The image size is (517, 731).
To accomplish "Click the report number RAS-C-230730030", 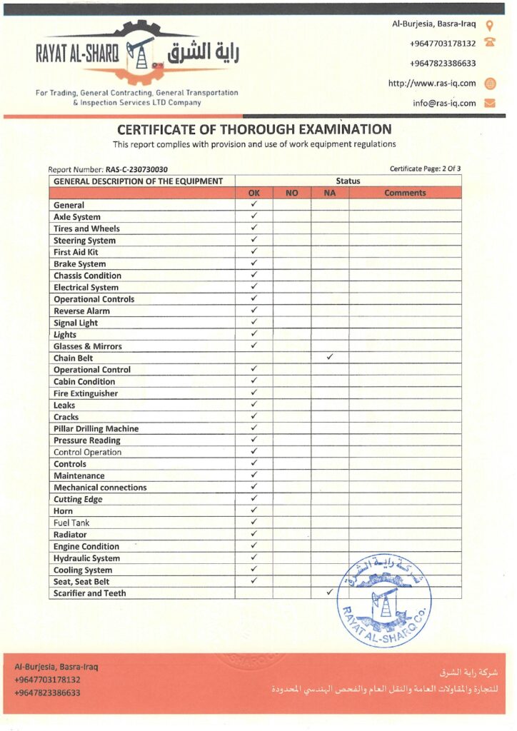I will point(136,169).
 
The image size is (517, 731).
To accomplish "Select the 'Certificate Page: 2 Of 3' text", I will point(425,168).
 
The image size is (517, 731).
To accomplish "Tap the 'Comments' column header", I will point(405,193).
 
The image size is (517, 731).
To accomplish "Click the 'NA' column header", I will point(329,193).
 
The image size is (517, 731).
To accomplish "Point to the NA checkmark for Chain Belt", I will point(329,357).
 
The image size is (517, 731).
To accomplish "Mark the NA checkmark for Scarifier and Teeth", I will point(329,593).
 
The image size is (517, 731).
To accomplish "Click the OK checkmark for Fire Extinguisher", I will point(254,393).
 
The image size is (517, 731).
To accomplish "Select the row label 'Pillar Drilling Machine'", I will point(96,428).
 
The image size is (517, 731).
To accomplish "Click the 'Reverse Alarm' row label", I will point(81,311).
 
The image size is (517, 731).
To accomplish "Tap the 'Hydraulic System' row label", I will point(86,558).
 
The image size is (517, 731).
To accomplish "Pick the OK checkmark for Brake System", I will point(254,263).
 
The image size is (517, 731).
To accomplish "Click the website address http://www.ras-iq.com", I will point(432,83).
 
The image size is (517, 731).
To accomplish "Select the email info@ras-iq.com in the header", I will point(444,103).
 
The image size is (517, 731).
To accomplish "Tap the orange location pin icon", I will point(490,24).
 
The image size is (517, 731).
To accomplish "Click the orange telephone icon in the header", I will point(490,43).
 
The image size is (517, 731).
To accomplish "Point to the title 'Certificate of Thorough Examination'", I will point(254,129).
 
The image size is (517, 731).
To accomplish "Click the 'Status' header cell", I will point(348,181).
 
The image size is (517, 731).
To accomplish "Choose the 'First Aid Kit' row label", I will point(76,252).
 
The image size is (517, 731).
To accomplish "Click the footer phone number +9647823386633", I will point(47,692).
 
